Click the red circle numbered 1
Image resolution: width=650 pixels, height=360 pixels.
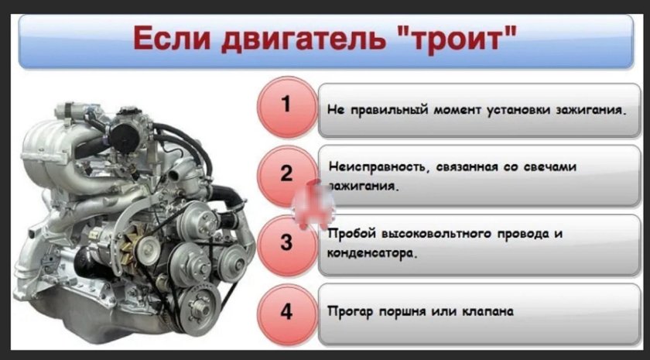click(x=285, y=105)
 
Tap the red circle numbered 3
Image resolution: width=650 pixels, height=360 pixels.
click(x=285, y=242)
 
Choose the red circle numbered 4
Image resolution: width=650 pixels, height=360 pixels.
click(x=285, y=312)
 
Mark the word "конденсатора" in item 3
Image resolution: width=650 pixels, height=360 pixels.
click(x=367, y=252)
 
